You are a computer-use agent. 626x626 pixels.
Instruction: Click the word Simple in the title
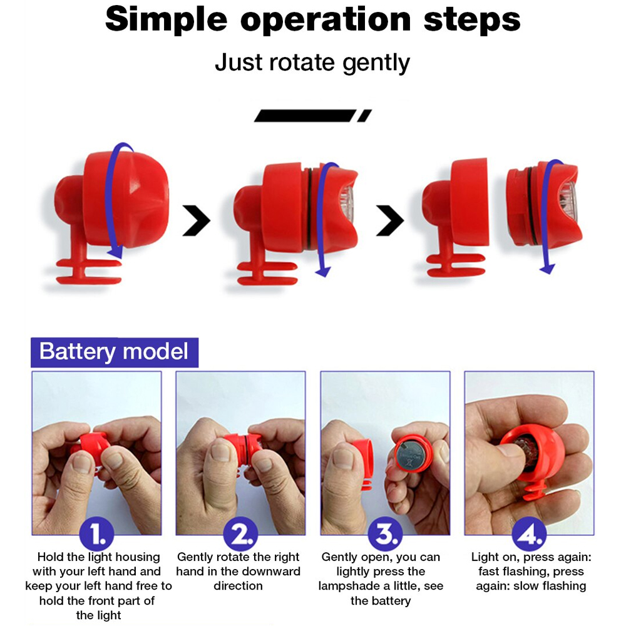(166, 21)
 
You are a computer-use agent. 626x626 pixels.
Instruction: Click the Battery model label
(114, 352)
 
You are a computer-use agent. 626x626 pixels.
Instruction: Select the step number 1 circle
(96, 533)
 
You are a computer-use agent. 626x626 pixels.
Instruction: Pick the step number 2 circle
(240, 533)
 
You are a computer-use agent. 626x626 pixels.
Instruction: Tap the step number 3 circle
(385, 533)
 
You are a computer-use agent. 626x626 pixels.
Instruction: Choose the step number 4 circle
(530, 533)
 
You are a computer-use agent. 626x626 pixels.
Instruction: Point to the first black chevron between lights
(197, 220)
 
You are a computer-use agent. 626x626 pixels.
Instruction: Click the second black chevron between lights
(390, 220)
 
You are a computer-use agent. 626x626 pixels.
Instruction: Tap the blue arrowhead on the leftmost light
(115, 253)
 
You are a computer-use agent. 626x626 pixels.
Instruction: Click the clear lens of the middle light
(347, 204)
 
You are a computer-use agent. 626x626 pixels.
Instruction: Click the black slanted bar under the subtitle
(313, 115)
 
